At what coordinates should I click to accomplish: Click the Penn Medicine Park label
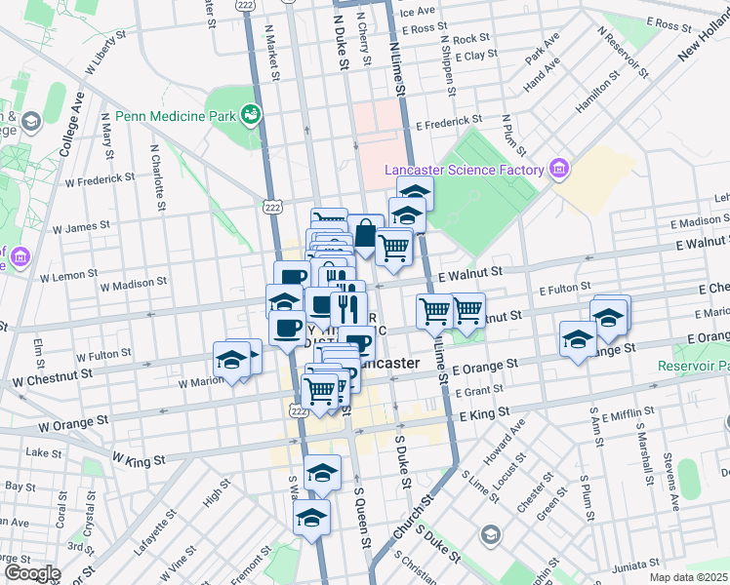click(175, 116)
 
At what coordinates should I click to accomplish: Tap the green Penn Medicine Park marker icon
click(251, 115)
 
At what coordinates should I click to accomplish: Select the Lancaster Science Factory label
click(464, 170)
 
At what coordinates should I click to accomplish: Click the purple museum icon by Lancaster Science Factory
click(559, 169)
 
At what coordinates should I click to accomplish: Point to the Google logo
click(31, 572)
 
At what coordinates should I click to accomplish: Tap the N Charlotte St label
click(155, 177)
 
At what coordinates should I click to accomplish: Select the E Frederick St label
click(450, 125)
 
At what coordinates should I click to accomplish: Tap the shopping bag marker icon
click(365, 235)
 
